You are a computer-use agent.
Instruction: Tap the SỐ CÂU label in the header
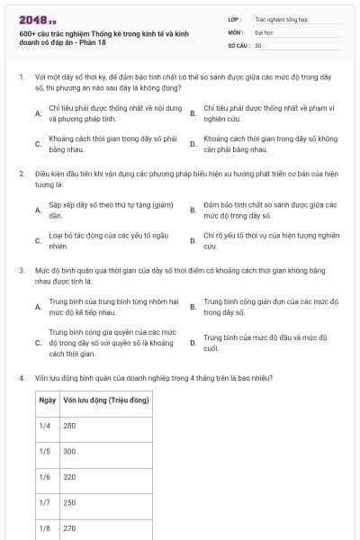238,44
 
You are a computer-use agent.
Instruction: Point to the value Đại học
265,31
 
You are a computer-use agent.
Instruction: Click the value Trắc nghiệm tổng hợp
280,17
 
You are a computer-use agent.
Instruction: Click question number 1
21,77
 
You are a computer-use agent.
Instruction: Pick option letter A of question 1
38,113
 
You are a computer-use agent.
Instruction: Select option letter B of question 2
193,211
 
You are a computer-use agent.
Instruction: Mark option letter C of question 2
38,241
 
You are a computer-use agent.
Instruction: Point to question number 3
21,269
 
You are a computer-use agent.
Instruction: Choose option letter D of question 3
193,343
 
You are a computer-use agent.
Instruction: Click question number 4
21,378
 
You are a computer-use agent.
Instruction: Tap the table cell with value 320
70,477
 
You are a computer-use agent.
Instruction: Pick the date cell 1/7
45,502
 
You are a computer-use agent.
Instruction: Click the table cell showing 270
70,528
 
